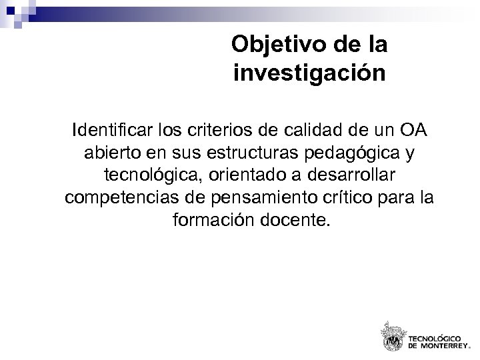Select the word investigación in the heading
[310, 72]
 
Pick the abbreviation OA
[413, 128]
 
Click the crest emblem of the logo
[393, 335]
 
